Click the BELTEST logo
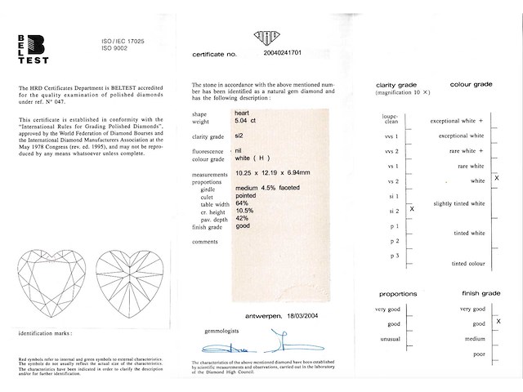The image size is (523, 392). tap(33, 49)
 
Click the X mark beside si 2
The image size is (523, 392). tap(411, 210)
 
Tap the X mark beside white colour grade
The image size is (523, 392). tap(498, 177)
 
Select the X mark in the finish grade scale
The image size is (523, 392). tap(498, 322)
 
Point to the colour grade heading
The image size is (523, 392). tap(470, 85)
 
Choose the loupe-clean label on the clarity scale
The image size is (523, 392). tap(389, 120)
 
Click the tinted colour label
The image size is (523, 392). tap(468, 264)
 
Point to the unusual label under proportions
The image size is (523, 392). tap(387, 339)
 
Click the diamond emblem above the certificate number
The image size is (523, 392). tap(267, 37)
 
